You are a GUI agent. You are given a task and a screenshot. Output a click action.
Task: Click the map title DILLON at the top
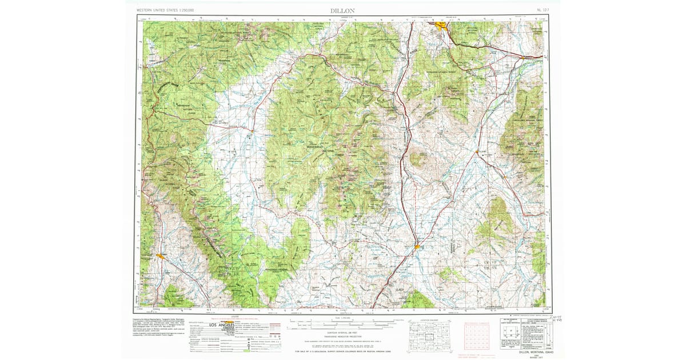(342, 11)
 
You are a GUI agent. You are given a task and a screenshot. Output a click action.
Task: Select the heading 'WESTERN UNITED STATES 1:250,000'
(165, 11)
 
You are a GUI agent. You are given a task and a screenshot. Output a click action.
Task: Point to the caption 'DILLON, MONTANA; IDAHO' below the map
(531, 353)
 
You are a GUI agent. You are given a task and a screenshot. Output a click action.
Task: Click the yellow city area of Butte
(441, 25)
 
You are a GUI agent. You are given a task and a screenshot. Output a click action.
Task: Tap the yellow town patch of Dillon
(418, 247)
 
